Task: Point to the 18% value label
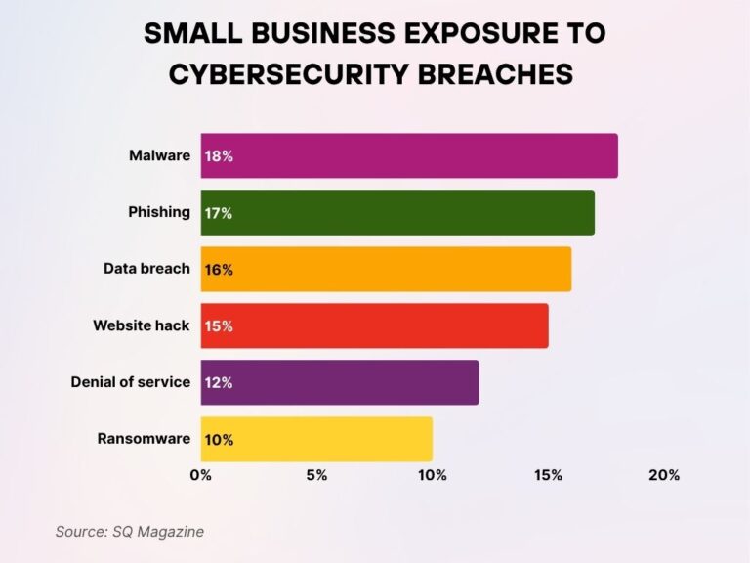coord(219,156)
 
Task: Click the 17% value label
coord(219,213)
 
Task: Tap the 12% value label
coord(219,383)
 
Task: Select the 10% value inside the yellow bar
coord(219,440)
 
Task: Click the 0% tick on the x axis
coord(200,476)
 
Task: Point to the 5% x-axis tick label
coord(316,476)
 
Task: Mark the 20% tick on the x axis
coord(664,476)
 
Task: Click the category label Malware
coord(159,155)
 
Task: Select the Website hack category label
coord(142,325)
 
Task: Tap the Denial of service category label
coord(130,382)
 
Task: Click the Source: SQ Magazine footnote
coord(129,532)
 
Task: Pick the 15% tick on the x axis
coord(548,476)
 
